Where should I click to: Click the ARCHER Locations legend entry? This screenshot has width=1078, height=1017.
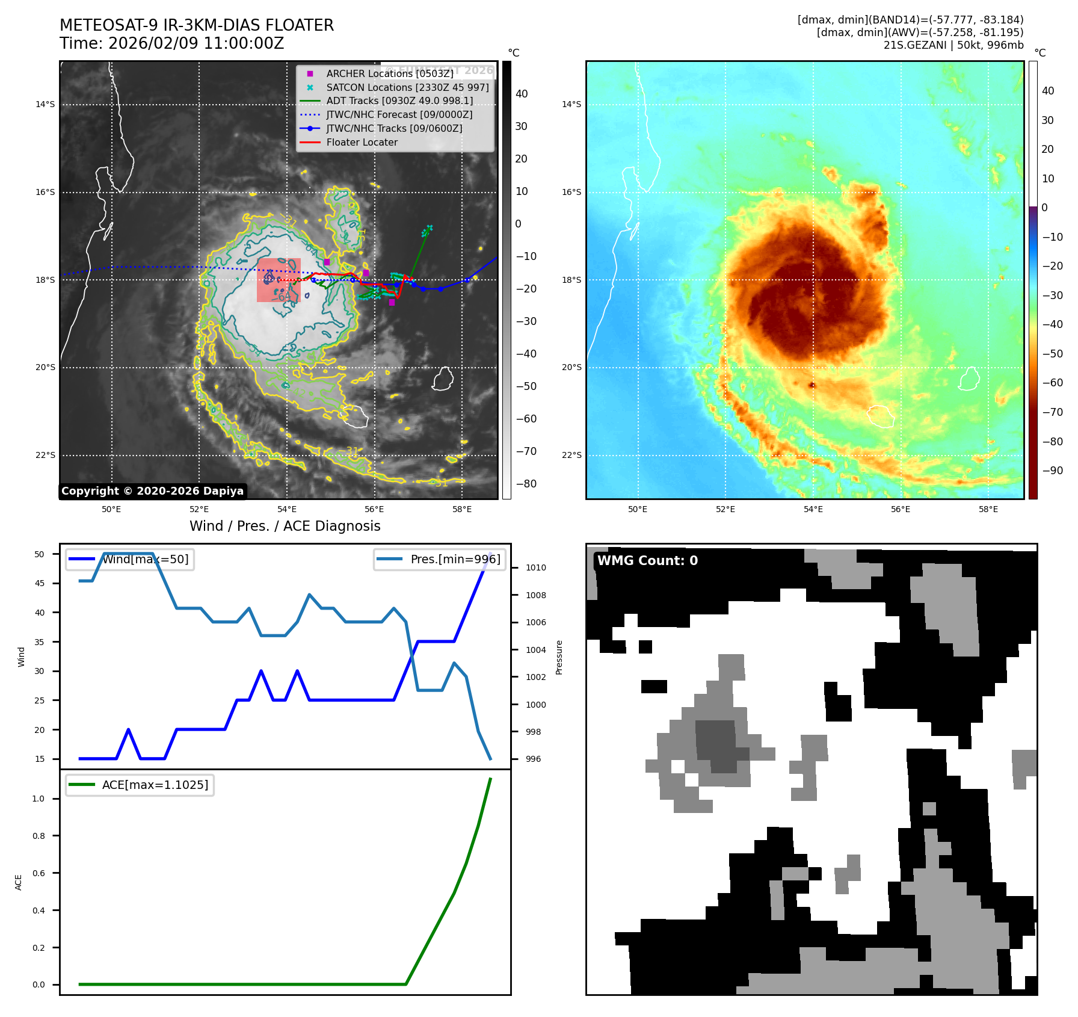click(389, 73)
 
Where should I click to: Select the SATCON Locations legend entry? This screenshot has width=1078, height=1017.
click(407, 87)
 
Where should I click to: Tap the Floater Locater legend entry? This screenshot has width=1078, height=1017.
click(362, 143)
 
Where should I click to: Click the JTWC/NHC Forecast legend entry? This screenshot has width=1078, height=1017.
click(399, 115)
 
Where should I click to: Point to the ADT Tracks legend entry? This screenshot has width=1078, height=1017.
click(399, 101)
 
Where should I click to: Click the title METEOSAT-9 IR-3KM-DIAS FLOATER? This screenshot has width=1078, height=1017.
click(196, 25)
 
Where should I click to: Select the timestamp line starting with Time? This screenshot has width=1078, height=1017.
click(171, 43)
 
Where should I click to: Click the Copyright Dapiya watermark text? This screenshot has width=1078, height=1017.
click(152, 491)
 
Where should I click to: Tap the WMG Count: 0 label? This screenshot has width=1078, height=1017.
click(647, 561)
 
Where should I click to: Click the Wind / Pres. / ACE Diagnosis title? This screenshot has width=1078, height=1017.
click(285, 526)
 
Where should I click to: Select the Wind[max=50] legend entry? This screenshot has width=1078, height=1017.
click(145, 559)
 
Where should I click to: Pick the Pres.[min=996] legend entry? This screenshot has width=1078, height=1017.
click(455, 559)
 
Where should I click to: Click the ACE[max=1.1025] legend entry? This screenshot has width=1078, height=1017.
click(155, 785)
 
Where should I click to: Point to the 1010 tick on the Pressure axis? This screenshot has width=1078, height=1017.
click(535, 567)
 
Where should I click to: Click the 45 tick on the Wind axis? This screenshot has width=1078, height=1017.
click(40, 583)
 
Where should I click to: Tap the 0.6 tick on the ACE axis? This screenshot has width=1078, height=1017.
click(38, 873)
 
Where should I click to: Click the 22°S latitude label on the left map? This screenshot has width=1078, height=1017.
click(45, 455)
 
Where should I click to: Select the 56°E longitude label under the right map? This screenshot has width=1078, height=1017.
click(900, 509)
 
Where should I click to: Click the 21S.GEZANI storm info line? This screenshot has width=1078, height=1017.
click(953, 45)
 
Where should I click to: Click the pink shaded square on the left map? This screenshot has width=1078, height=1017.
click(279, 280)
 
